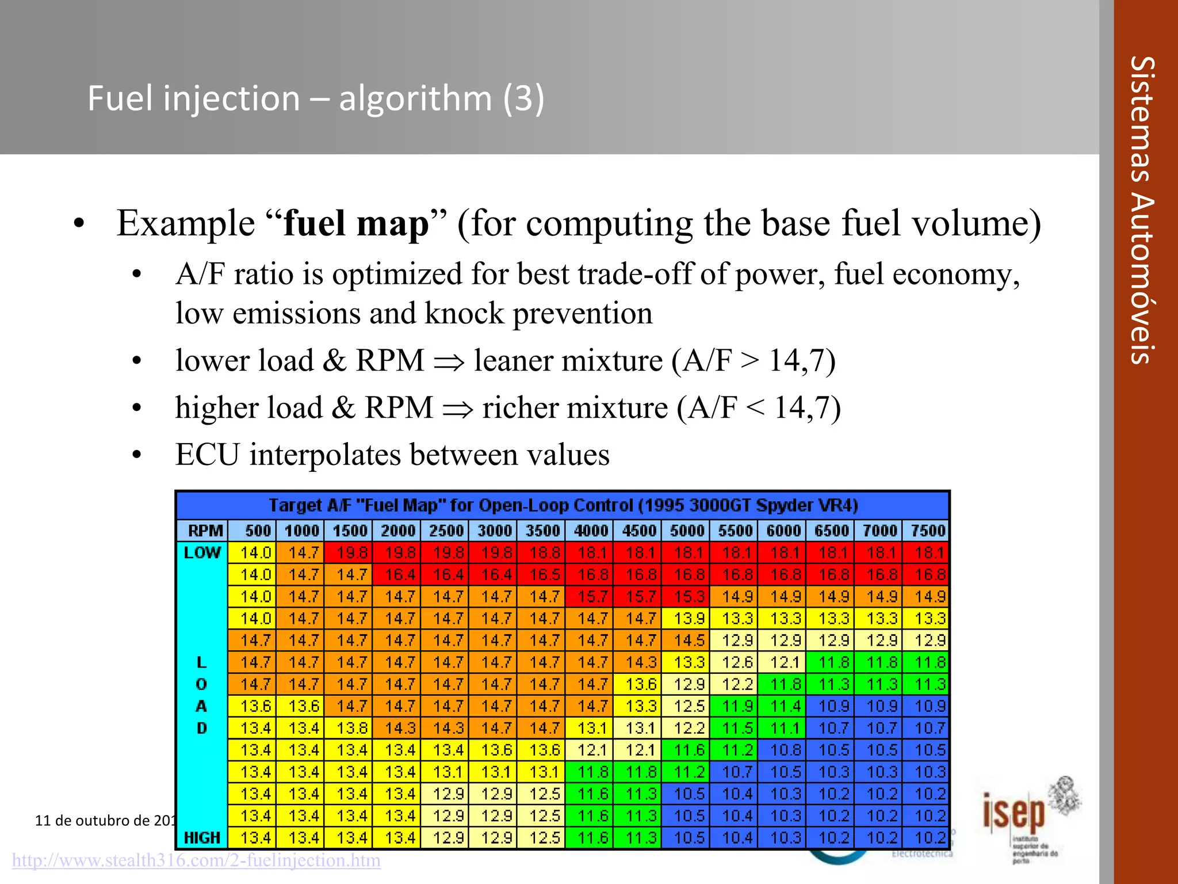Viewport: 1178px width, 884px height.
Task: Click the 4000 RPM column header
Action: (590, 530)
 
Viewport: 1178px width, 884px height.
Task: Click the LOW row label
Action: (202, 552)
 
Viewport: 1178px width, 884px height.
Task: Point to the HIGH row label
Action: (202, 837)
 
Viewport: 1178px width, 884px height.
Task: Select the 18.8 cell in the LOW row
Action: (544, 552)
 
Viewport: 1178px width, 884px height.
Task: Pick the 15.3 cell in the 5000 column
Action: (689, 596)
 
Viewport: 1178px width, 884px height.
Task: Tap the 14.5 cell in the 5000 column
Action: (689, 640)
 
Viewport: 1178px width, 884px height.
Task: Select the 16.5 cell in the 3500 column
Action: (544, 574)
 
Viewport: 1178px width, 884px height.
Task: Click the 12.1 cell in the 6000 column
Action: (785, 662)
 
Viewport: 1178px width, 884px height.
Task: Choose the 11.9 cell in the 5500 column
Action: (737, 706)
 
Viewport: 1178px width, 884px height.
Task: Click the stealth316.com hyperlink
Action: (196, 860)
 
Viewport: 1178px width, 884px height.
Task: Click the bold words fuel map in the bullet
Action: (356, 223)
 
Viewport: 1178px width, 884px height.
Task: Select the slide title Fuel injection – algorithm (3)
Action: (315, 98)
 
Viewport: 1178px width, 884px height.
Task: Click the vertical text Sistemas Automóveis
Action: (1141, 210)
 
